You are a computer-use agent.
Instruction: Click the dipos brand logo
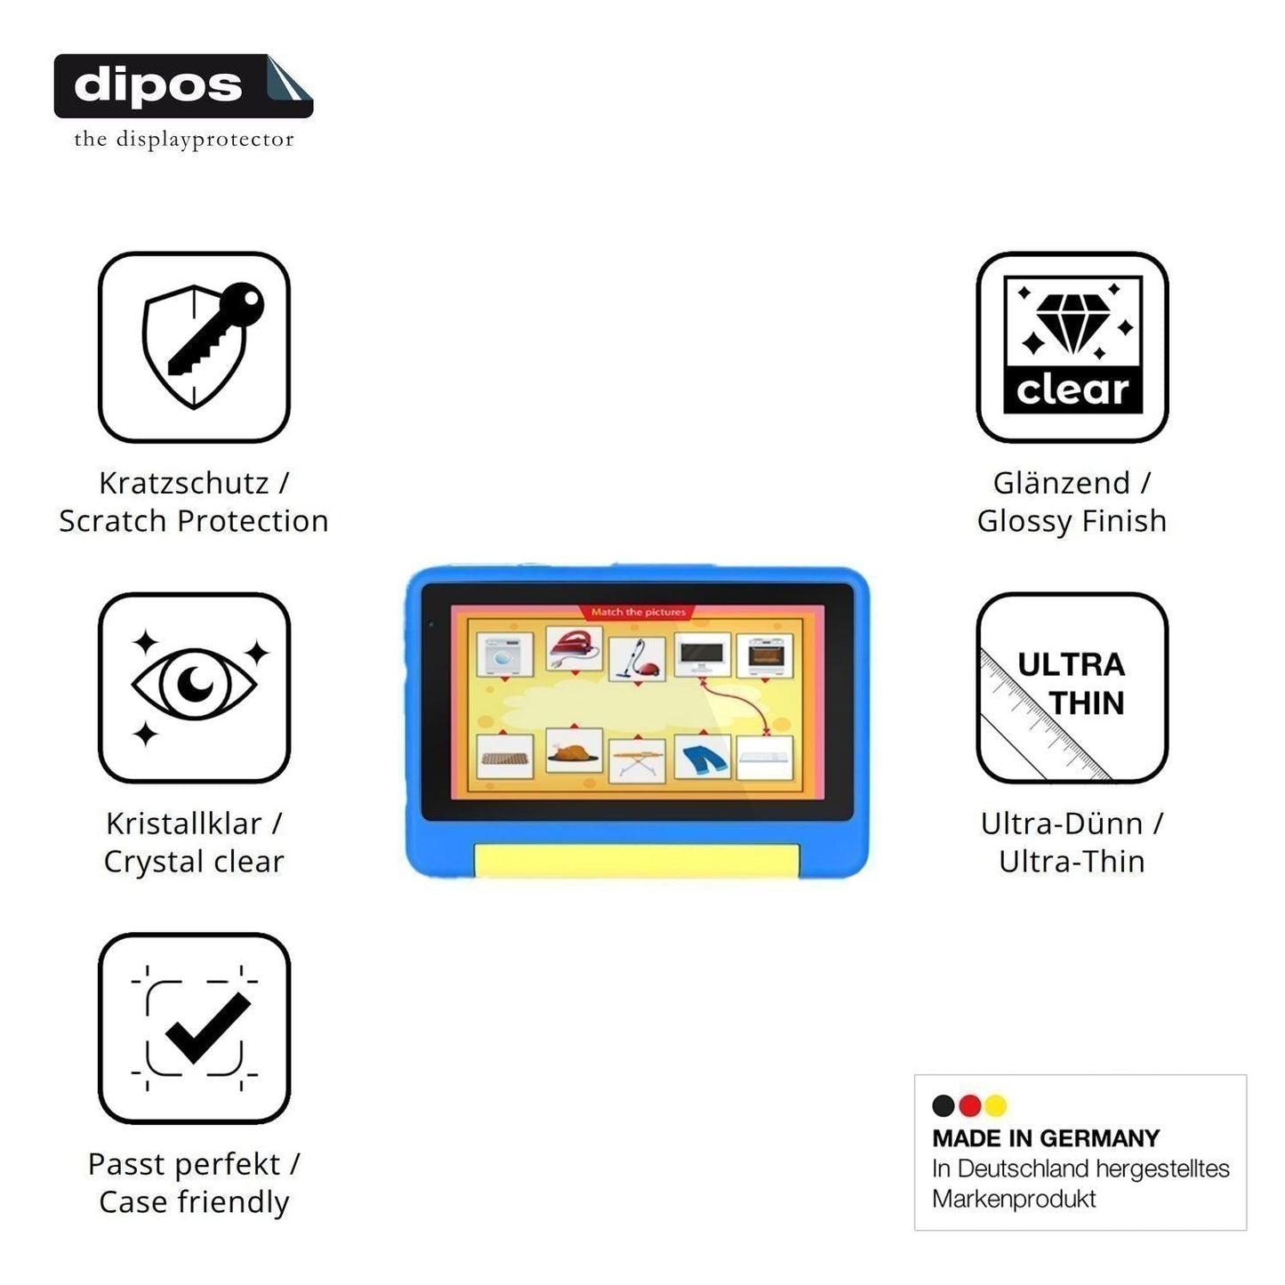(183, 86)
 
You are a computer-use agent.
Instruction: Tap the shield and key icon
(203, 345)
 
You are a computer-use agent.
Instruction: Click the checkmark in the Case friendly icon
(208, 1028)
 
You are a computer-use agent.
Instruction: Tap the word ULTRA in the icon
(1072, 665)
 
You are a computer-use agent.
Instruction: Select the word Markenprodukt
(1014, 1199)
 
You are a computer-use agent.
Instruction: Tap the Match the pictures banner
(638, 612)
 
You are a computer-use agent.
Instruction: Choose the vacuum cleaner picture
(637, 659)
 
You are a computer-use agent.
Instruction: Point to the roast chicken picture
(574, 751)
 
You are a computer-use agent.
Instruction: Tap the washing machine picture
(505, 655)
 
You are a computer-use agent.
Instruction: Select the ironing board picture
(637, 761)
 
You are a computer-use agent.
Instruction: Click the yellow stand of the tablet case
(636, 861)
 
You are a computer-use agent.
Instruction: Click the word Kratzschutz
(184, 484)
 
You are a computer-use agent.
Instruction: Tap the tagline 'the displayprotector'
(184, 140)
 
